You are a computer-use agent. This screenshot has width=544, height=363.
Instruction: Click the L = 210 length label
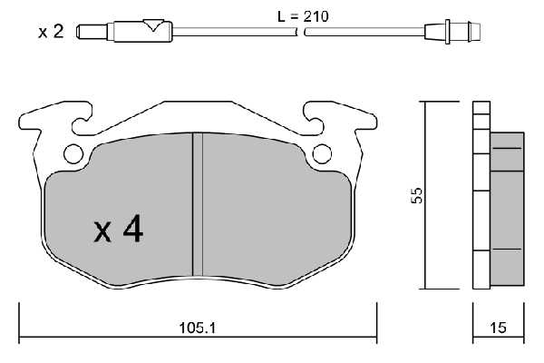[303, 16]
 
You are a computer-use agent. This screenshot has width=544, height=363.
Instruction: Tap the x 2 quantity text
[51, 32]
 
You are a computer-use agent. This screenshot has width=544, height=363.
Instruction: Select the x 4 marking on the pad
[118, 229]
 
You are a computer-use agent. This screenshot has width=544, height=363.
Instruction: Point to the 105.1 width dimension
[197, 328]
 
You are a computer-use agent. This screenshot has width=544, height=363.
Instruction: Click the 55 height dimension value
[416, 196]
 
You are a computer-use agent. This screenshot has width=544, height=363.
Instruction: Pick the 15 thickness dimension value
[498, 328]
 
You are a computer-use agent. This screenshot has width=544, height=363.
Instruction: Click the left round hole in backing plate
[73, 154]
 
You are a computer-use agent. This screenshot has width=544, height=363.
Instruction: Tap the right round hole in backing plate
[322, 154]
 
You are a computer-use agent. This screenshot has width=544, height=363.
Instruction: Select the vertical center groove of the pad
[198, 204]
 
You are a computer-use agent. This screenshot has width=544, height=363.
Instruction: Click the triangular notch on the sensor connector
[153, 25]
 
